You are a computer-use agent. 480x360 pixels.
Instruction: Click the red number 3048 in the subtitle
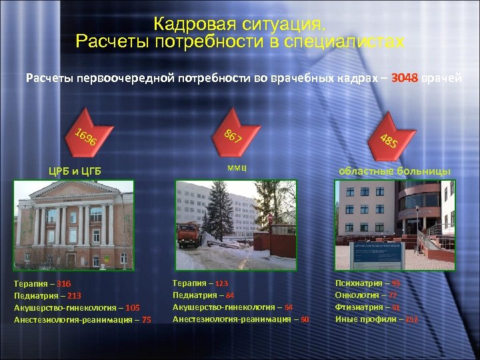coord(405,79)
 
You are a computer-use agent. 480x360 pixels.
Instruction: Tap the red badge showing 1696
coord(85,136)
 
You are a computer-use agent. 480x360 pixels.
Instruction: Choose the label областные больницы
coord(395,171)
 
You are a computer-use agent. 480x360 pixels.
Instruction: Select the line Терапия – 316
coord(43,284)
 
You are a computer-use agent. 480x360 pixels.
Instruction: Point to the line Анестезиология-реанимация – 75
coord(83,319)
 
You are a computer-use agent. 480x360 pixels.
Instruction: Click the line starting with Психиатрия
coord(367,283)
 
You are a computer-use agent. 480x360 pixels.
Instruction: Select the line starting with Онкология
coord(366,295)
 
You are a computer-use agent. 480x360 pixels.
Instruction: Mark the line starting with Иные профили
coord(376,319)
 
